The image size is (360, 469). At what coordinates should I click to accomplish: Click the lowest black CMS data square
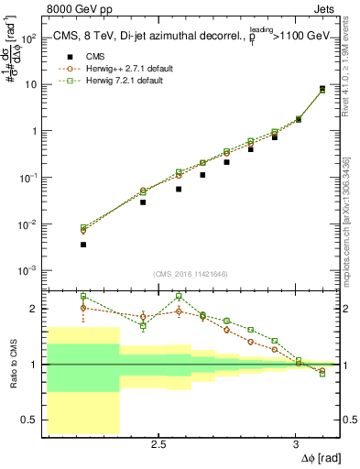click(x=83, y=245)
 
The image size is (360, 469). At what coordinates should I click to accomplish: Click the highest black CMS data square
click(x=322, y=89)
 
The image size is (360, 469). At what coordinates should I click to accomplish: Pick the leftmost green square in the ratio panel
click(x=83, y=296)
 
